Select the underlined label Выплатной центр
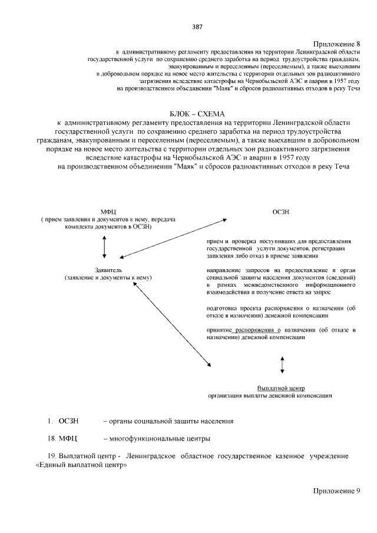coord(280,388)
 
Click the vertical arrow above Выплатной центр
coord(283,365)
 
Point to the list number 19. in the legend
coord(51,456)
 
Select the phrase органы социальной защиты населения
coord(168,422)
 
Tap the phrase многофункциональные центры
coord(156,439)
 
